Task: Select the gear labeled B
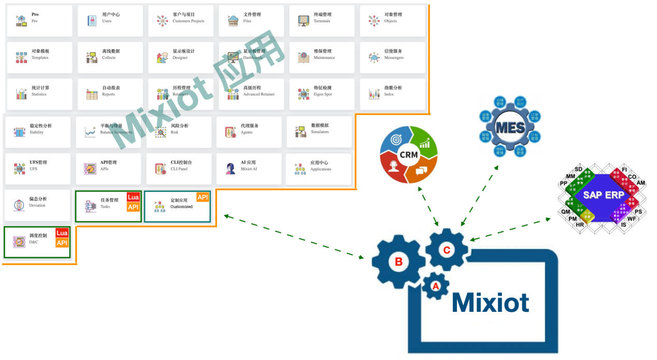[398, 262]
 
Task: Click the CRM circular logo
[408, 154]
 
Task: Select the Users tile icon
[92, 21]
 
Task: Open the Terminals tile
[322, 21]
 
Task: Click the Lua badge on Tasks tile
[133, 197]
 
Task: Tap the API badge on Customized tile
[203, 197]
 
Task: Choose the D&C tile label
[34, 242]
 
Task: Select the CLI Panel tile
[179, 168]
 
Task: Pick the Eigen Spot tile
[322, 94]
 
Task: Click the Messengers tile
[392, 57]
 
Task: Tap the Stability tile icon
[20, 132]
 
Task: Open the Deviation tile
[37, 205]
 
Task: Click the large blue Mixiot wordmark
[490, 302]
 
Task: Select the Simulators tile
[319, 132]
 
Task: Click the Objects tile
[392, 21]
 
